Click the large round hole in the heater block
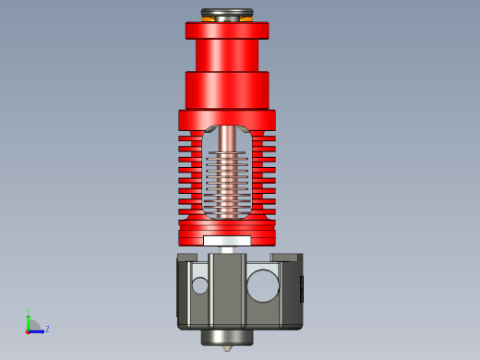click(x=262, y=285)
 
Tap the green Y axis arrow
click(x=28, y=316)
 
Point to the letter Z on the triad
click(x=47, y=329)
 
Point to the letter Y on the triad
click(x=29, y=310)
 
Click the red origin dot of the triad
click(x=28, y=329)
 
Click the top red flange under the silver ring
click(x=227, y=30)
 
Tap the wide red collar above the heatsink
click(x=227, y=90)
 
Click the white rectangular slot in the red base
click(x=227, y=240)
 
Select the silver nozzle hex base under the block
click(x=227, y=337)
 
